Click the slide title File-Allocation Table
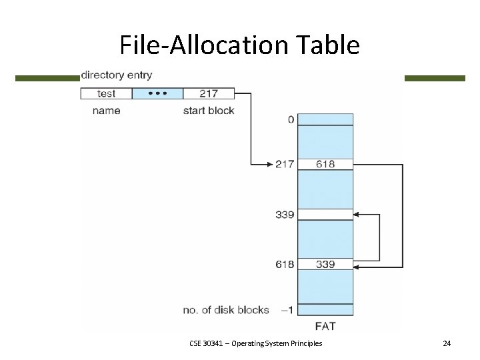(x=239, y=45)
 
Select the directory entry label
(x=116, y=75)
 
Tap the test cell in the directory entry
(x=106, y=94)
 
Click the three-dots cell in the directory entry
(x=157, y=94)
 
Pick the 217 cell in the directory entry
(x=209, y=94)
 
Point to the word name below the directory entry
(x=106, y=110)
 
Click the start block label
(x=209, y=110)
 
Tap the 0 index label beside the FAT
(x=290, y=120)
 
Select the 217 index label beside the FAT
(x=285, y=164)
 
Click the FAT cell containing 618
(x=325, y=164)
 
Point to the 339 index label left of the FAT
(x=285, y=215)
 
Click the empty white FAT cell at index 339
(x=325, y=215)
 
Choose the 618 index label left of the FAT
(x=285, y=265)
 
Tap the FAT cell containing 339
(x=325, y=265)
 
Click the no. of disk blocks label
(x=226, y=310)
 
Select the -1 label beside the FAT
(x=287, y=310)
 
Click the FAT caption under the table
(x=325, y=326)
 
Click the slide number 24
(x=447, y=343)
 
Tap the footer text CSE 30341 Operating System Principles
(x=255, y=343)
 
